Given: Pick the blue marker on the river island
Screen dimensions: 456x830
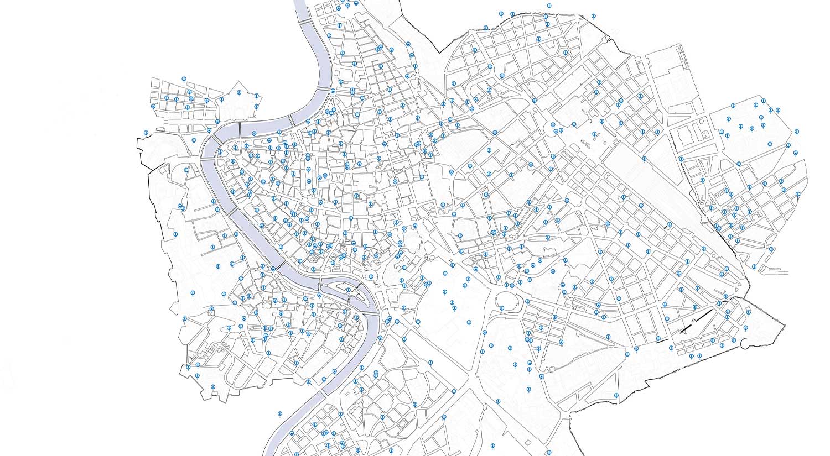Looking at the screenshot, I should coord(347,289).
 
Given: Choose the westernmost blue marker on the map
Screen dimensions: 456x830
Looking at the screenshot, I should coord(146,132).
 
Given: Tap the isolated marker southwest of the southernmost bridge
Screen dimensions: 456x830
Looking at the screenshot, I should coord(280,413).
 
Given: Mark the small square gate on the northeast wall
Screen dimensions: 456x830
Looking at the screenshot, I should coord(608,38).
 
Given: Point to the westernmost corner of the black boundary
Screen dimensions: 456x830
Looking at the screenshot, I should coord(137,138).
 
